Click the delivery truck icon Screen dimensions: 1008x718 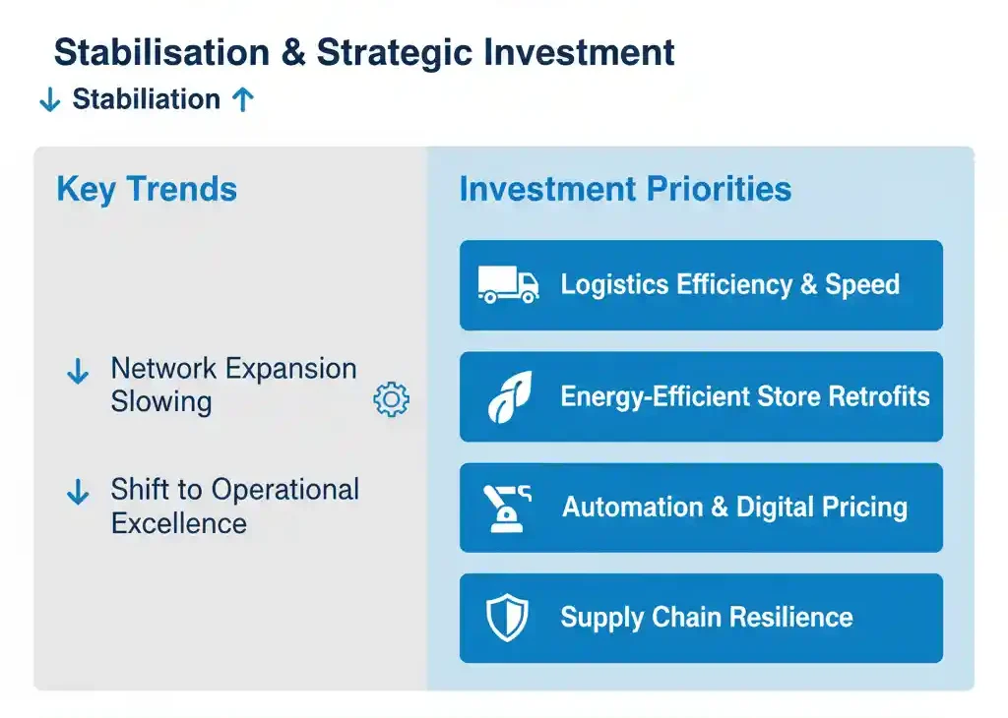tap(508, 284)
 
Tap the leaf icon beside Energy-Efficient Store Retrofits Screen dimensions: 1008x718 tap(511, 397)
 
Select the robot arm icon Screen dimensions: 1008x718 tap(507, 508)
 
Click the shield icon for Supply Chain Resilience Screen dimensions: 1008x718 tap(507, 618)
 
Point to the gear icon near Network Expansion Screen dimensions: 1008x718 tap(391, 399)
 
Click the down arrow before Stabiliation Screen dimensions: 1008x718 tap(49, 100)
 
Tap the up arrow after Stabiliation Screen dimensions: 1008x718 tap(243, 99)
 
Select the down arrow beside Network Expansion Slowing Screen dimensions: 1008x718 tap(78, 371)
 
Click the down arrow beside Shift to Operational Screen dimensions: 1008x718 tap(78, 492)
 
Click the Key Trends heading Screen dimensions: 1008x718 tap(148, 190)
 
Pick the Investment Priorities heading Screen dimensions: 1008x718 tap(625, 189)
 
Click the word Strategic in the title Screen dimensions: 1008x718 tap(395, 53)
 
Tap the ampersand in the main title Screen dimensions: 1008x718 tap(293, 52)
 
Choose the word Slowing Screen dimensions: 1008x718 tap(161, 402)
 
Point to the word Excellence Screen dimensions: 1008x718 tap(179, 523)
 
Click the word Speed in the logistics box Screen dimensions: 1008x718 tap(862, 285)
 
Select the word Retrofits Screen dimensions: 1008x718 tap(879, 396)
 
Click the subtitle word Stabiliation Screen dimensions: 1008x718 tap(147, 99)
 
